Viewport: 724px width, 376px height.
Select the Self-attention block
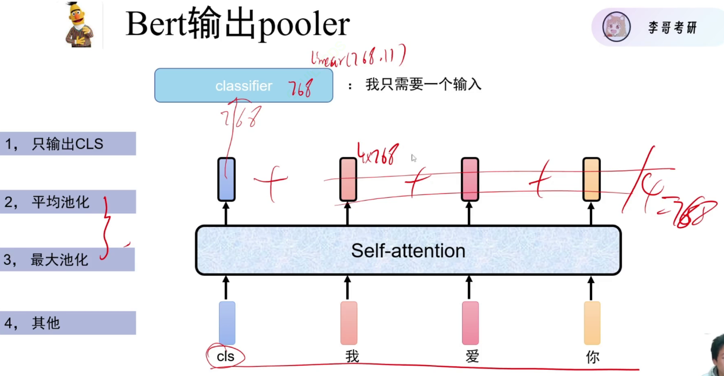tap(408, 250)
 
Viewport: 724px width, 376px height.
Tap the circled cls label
tap(225, 357)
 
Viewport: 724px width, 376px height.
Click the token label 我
tap(352, 357)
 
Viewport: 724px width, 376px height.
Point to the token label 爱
tap(472, 357)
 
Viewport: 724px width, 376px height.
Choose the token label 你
tap(593, 357)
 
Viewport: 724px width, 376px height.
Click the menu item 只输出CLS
tap(68, 144)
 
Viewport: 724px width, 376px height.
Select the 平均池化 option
tap(61, 202)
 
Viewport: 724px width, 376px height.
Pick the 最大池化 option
tap(60, 260)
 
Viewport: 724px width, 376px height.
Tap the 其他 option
tap(46, 323)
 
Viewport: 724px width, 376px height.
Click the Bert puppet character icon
tap(80, 25)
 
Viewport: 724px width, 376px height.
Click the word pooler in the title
tap(303, 25)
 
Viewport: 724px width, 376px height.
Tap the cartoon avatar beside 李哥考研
tap(616, 26)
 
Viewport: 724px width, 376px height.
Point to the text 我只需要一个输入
tap(423, 85)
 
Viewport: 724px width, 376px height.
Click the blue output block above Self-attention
tap(226, 179)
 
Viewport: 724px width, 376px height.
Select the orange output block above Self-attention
tap(592, 179)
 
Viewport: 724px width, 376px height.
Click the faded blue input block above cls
tap(226, 323)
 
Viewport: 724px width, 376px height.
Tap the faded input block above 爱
tap(470, 323)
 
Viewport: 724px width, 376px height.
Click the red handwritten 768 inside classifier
tap(300, 88)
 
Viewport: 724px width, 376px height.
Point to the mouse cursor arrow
tap(413, 158)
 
